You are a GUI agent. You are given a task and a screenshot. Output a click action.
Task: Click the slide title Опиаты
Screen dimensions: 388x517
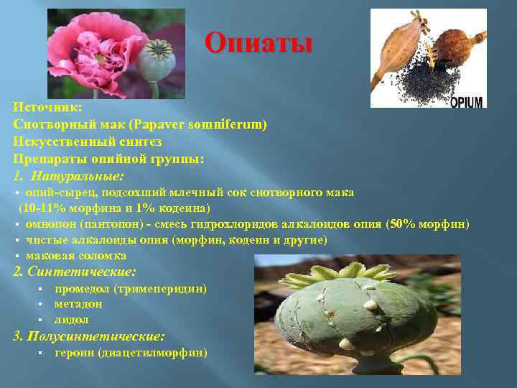point(258,43)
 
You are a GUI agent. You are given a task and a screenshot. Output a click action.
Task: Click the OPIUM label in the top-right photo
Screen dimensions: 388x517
point(467,101)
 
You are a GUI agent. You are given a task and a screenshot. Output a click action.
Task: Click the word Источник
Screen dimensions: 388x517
point(47,106)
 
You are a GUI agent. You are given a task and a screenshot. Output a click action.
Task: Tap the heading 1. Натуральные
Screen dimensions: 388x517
point(68,176)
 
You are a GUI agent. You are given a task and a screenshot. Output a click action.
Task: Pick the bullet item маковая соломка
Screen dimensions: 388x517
point(76,256)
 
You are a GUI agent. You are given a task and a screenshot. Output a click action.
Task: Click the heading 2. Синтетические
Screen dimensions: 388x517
point(75,272)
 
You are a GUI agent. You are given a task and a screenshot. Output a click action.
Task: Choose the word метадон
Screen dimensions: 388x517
point(78,304)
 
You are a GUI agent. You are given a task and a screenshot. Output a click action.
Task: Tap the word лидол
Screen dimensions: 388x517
point(72,320)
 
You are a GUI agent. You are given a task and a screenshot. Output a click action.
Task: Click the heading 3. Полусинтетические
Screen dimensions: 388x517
point(89,336)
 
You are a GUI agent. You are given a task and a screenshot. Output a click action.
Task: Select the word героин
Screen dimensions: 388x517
point(75,353)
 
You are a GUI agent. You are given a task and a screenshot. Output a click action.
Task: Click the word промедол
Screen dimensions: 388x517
point(82,289)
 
